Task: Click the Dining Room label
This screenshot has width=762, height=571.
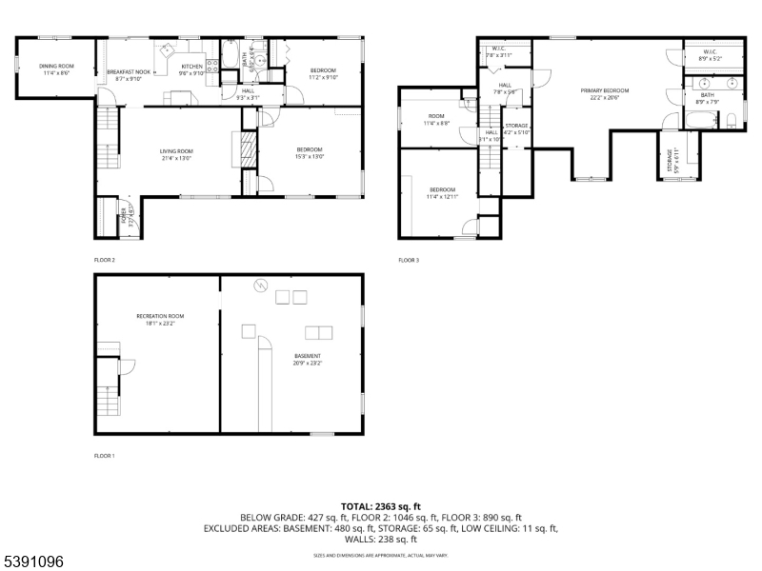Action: point(56,66)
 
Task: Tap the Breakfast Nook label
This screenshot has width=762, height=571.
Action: point(128,72)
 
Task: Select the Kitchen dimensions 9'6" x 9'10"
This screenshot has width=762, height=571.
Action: point(192,72)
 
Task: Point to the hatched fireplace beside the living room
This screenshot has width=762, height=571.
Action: point(246,150)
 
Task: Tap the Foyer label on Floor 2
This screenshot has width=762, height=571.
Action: point(123,219)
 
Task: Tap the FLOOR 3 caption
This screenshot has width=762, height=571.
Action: point(410,260)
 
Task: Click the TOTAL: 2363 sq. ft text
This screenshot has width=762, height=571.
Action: point(381,506)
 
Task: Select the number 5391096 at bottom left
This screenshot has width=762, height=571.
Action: point(34,562)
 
